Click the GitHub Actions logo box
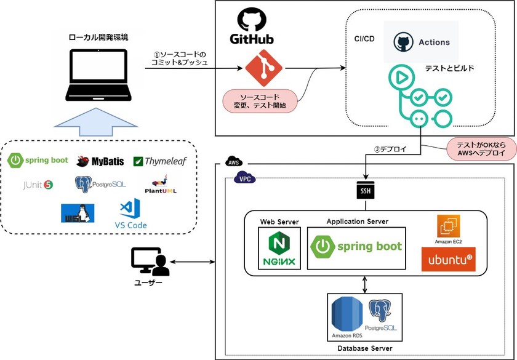pyautogui.click(x=421, y=42)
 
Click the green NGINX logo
pyautogui.click(x=279, y=249)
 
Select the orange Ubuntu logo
pyautogui.click(x=448, y=259)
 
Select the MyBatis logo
pyautogui.click(x=100, y=161)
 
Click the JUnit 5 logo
pyautogui.click(x=38, y=183)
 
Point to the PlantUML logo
pyautogui.click(x=164, y=184)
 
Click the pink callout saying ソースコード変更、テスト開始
pyautogui.click(x=260, y=102)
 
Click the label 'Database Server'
pyautogui.click(x=365, y=348)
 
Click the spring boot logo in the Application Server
pyautogui.click(x=357, y=247)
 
